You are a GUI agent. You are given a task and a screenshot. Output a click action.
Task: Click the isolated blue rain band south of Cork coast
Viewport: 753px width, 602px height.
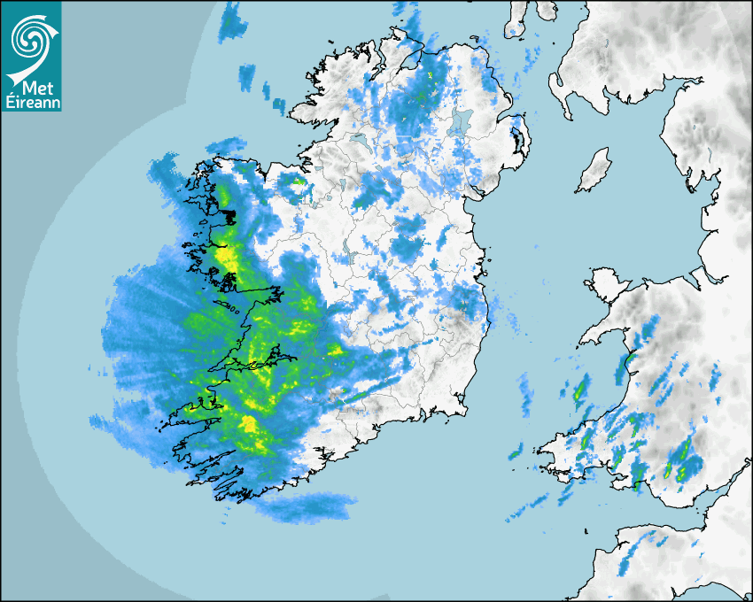[310, 507]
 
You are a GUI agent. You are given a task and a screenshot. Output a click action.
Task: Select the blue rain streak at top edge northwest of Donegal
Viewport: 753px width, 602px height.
[231, 19]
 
